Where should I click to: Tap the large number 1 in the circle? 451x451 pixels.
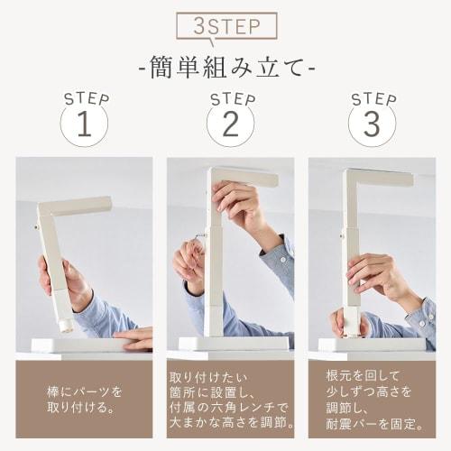click(x=84, y=125)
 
